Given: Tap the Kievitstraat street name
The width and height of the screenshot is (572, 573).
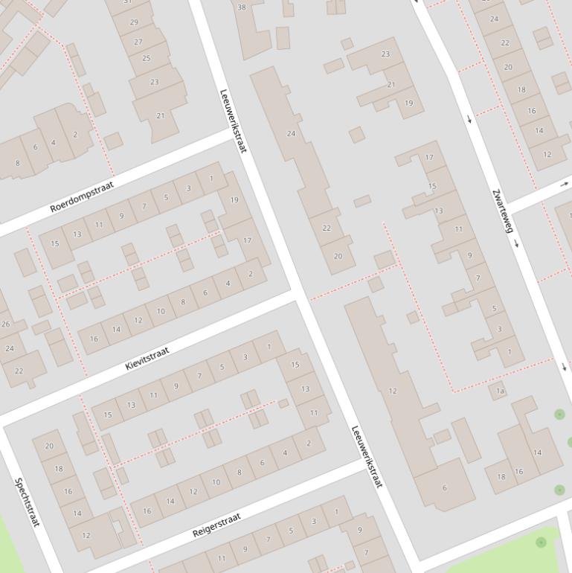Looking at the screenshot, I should (x=147, y=358).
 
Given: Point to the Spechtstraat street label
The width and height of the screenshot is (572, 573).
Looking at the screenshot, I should (x=27, y=502).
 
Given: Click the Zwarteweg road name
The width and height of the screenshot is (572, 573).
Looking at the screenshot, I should (x=503, y=211).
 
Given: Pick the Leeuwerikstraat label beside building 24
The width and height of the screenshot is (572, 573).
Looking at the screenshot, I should (x=232, y=121).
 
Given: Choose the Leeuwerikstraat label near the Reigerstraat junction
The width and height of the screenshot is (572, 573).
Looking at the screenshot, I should (x=366, y=456).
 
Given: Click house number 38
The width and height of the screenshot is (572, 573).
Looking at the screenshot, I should (x=241, y=7).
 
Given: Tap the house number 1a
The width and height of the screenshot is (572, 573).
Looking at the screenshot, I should (x=501, y=391).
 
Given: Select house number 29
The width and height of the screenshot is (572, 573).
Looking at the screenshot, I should (x=135, y=22).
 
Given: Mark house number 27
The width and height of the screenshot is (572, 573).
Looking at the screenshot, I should (x=138, y=42).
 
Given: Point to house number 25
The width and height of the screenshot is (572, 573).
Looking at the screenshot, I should (x=146, y=58).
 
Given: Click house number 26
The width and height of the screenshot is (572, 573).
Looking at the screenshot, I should (x=6, y=324).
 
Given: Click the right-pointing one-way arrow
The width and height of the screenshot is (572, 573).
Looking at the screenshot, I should (x=565, y=183).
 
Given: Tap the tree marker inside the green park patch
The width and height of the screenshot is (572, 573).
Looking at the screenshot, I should (x=541, y=542).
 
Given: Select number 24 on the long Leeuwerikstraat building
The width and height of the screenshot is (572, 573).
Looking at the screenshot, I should (x=291, y=134).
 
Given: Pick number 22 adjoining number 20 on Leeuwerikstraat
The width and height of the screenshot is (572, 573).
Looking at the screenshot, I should (x=326, y=228).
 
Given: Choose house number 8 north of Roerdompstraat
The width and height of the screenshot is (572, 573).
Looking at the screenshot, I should (x=17, y=163).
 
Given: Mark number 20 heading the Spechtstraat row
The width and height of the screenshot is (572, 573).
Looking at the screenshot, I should (x=49, y=446).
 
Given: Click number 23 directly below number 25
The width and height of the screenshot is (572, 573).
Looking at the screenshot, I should (x=154, y=82).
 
